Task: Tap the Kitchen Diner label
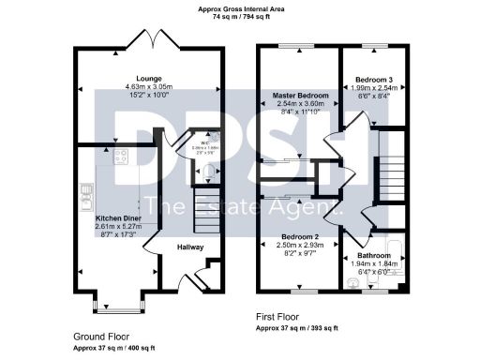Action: pos(117,217)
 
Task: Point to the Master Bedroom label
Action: pos(299,96)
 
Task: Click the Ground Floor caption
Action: pos(101,335)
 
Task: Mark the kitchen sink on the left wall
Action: pos(85,196)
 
